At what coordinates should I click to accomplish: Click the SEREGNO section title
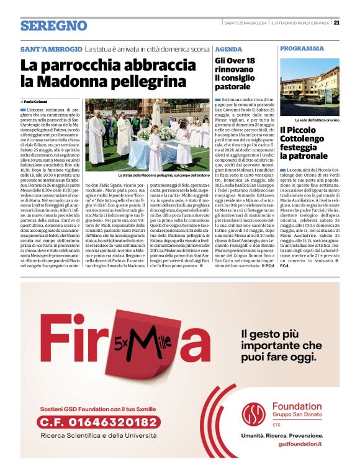coord(53,25)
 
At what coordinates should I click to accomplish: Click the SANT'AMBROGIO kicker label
coord(51,48)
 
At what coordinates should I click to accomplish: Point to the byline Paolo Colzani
coord(36,101)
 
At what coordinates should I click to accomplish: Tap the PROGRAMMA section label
coord(302,48)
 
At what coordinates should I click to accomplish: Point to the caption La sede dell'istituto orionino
coord(317,119)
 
